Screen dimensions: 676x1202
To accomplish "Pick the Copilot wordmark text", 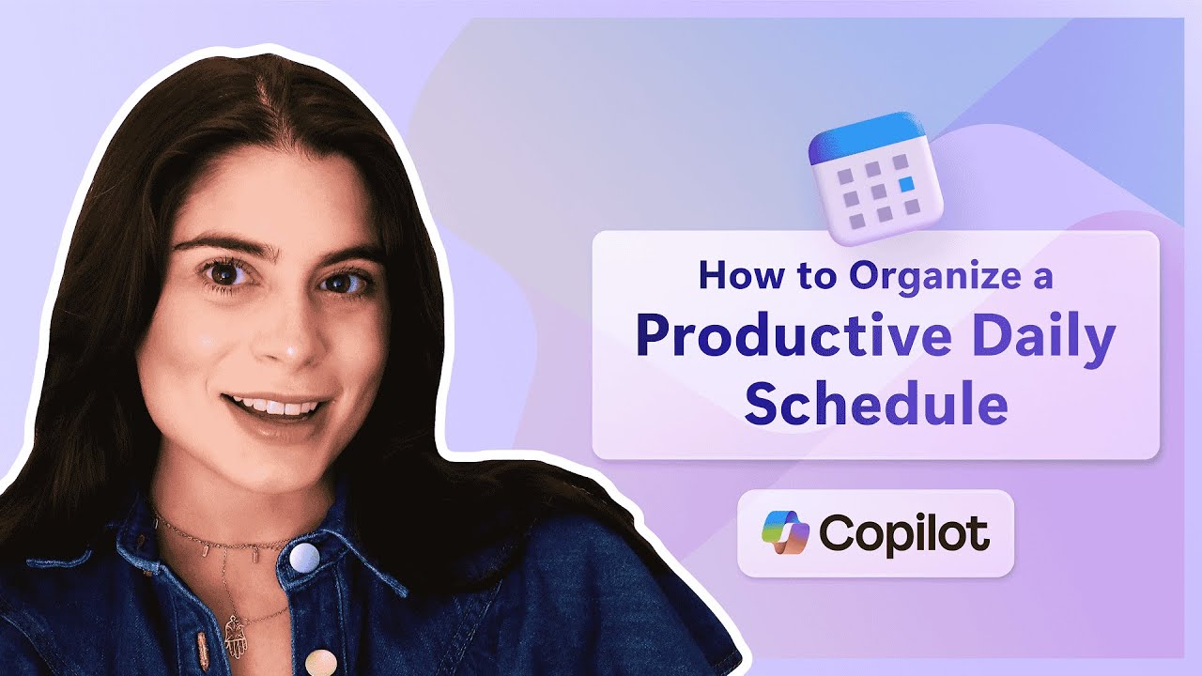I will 904,533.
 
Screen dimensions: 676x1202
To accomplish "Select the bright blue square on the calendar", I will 906,184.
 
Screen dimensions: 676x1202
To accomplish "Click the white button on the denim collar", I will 304,558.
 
